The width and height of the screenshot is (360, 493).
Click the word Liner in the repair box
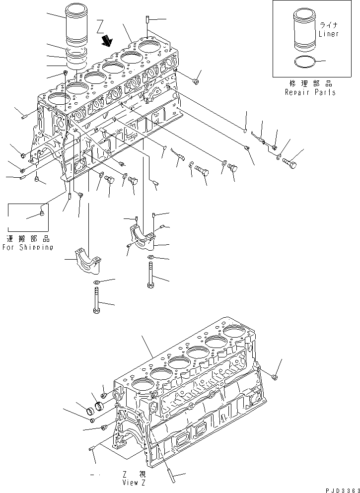click(328, 34)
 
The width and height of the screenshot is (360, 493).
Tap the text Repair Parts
click(310, 92)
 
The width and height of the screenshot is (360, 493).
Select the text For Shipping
click(27, 247)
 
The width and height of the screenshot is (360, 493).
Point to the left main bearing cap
click(88, 260)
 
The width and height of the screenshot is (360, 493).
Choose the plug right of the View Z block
click(276, 378)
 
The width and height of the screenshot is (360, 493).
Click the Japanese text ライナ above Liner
click(329, 24)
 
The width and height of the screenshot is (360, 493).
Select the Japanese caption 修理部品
click(310, 83)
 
